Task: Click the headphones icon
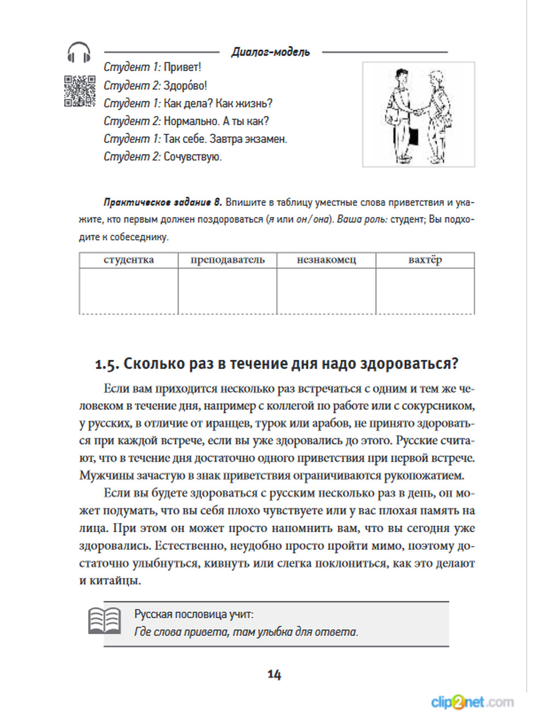tap(79, 53)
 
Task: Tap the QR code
tap(79, 90)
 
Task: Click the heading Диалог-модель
tap(271, 52)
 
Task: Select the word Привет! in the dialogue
tap(182, 67)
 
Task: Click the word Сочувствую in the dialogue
tap(192, 157)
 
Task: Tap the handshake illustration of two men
tap(419, 114)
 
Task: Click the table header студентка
tap(129, 260)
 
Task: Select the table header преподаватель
tap(227, 260)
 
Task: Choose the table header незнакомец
tap(327, 260)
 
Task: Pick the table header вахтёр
tap(425, 260)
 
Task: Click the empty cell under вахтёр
tap(425, 291)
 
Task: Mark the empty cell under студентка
tap(129, 291)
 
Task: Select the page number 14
tap(274, 674)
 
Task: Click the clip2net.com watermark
tap(472, 702)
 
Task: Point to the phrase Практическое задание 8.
tap(163, 202)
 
